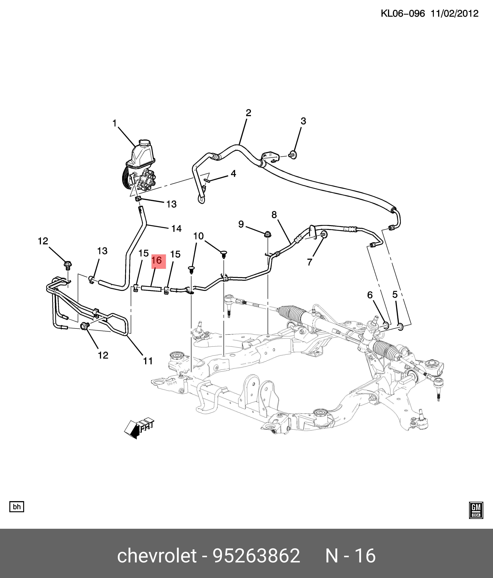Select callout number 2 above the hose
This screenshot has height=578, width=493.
click(248, 113)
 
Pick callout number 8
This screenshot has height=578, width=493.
click(274, 215)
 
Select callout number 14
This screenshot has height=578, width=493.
click(176, 228)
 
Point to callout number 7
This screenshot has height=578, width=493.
click(309, 262)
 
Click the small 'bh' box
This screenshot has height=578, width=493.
click(17, 507)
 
